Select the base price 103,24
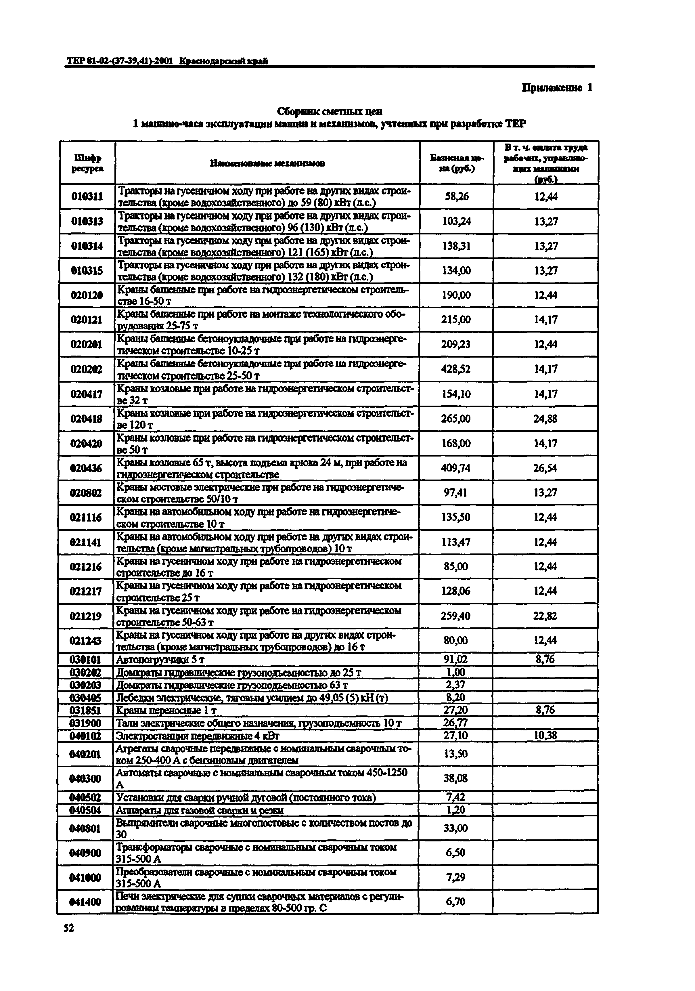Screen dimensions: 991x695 pos(456,222)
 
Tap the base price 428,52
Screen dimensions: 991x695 pos(456,369)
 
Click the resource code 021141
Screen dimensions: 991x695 pos(86,542)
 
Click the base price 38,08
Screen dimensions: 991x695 pos(455,778)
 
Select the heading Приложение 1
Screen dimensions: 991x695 pos(557,88)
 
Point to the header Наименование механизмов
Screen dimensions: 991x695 pos(267,163)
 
